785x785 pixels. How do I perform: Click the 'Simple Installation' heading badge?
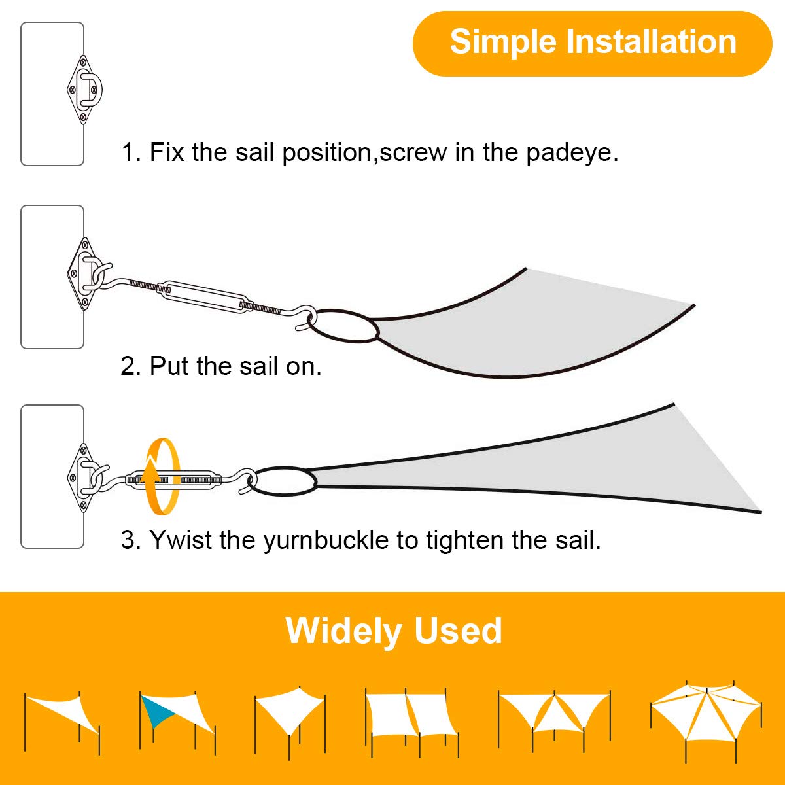click(592, 44)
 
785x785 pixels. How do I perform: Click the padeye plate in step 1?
click(84, 89)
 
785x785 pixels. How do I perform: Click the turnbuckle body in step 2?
click(207, 298)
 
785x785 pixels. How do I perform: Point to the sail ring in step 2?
click(343, 326)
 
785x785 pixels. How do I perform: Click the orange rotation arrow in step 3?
click(162, 477)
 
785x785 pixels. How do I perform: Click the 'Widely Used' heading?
click(394, 631)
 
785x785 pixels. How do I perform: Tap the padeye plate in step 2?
click(84, 273)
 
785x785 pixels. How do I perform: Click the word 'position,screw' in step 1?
click(365, 153)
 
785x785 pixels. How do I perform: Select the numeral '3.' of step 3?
click(131, 540)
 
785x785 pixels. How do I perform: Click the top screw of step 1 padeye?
click(84, 63)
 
